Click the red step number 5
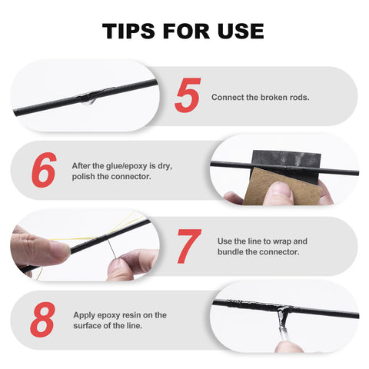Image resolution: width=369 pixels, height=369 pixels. pos(187,95)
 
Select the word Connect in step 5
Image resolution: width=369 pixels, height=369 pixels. pos(226,98)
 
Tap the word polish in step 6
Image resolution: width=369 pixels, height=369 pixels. pos(85,176)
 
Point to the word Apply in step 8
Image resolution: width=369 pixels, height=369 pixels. pos(85,315)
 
